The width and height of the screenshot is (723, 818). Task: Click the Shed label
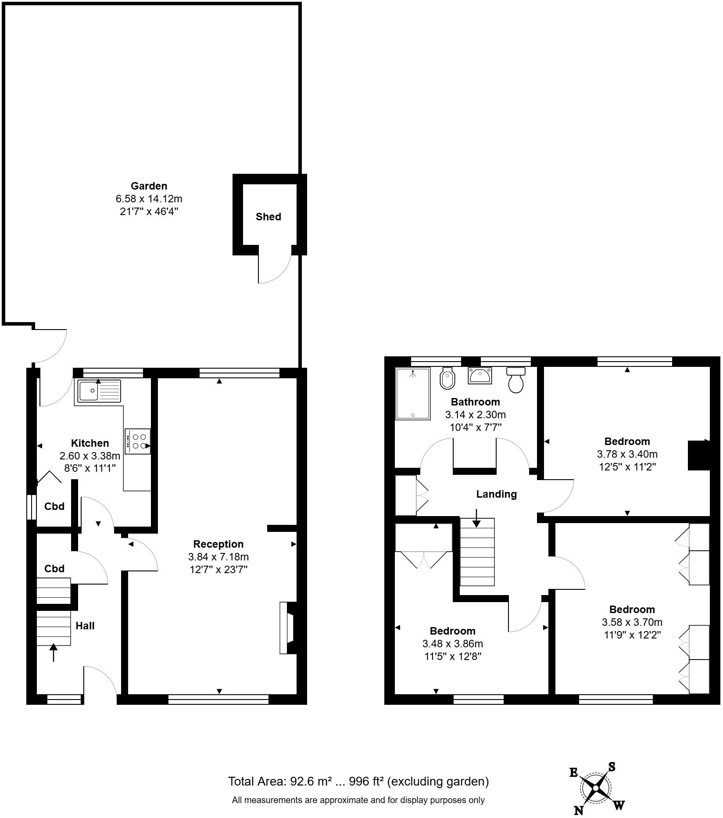(268, 217)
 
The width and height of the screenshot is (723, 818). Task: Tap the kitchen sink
(99, 391)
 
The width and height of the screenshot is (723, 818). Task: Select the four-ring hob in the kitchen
(138, 441)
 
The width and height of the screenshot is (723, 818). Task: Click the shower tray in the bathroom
(412, 394)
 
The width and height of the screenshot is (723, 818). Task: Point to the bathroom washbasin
(480, 376)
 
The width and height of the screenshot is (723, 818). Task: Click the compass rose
(595, 789)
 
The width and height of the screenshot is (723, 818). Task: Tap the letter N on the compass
(579, 811)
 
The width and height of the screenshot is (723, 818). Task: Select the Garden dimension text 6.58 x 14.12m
(149, 199)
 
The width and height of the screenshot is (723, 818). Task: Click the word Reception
(218, 544)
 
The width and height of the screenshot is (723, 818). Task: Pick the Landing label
(496, 494)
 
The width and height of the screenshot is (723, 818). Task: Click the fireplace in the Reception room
(287, 628)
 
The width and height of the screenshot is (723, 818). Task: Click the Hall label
(85, 626)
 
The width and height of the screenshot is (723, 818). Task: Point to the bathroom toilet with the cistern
(515, 380)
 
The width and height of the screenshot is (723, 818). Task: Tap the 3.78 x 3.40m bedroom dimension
(627, 454)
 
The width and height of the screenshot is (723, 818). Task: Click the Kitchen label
(90, 443)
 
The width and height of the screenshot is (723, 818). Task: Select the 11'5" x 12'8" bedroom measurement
(452, 657)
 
